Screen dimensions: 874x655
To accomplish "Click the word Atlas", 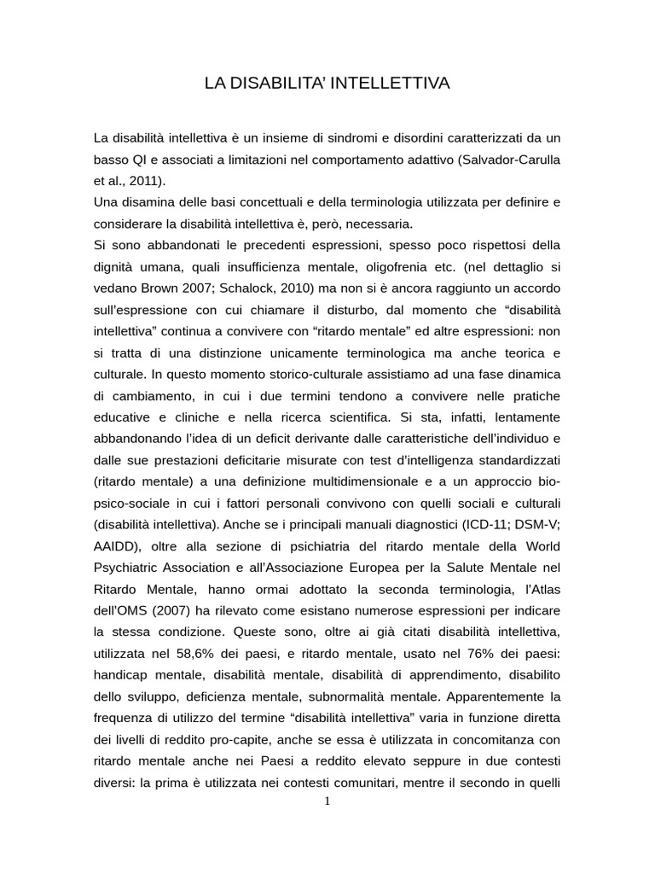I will pyautogui.click(x=542, y=587).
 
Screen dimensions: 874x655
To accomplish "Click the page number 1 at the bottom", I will pyautogui.click(x=327, y=801).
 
